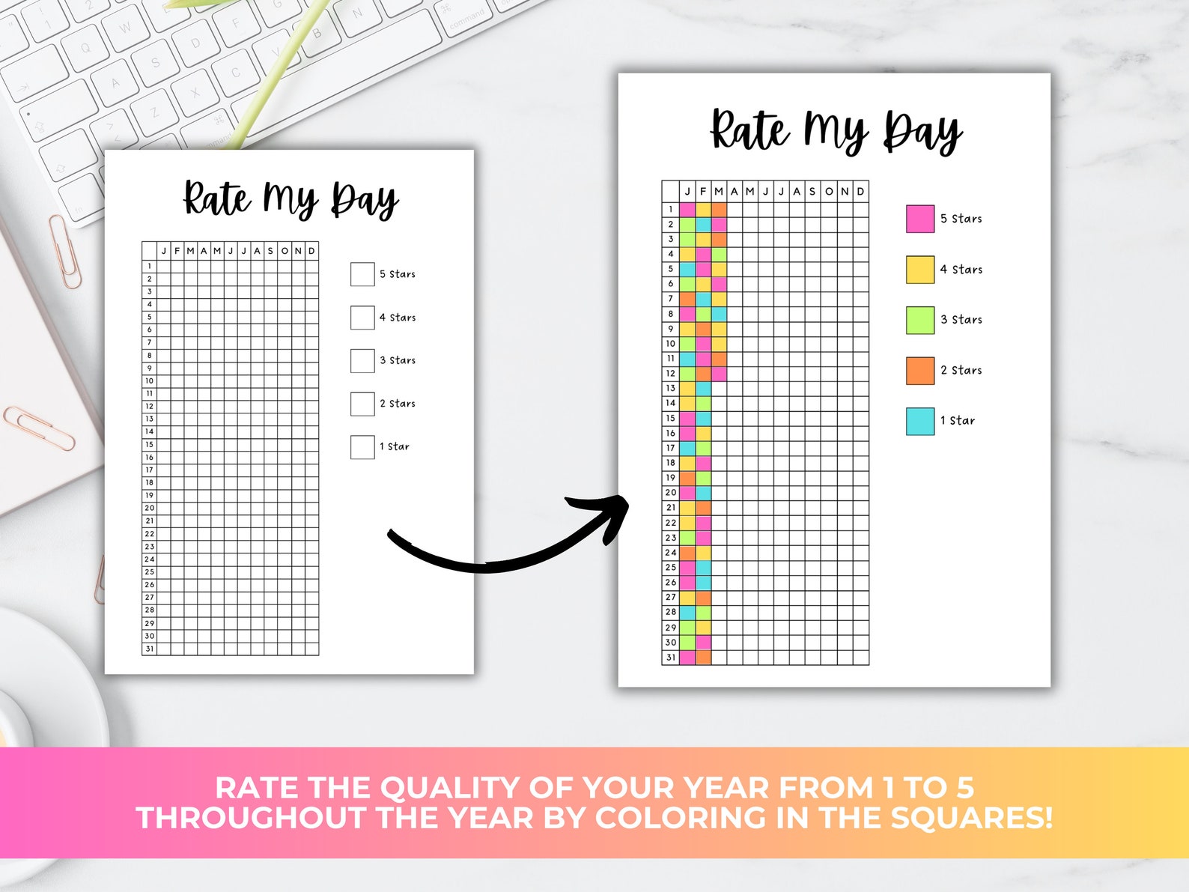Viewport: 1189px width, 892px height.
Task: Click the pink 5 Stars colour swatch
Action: (919, 219)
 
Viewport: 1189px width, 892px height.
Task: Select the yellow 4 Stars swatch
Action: (919, 270)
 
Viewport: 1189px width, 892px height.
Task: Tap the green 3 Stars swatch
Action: (919, 320)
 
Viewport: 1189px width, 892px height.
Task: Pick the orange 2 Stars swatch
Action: (919, 370)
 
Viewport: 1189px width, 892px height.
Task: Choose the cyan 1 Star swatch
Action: (919, 421)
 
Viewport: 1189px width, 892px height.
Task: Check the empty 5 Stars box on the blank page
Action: (362, 274)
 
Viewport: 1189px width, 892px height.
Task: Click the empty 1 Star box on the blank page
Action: (362, 447)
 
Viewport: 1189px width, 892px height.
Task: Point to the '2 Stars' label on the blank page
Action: (397, 404)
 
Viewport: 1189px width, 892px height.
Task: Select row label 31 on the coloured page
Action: (671, 658)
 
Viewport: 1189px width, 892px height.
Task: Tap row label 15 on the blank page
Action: (149, 445)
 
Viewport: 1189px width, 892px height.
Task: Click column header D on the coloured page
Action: (861, 192)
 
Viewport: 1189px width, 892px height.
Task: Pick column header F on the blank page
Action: (177, 251)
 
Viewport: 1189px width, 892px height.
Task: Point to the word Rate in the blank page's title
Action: (217, 199)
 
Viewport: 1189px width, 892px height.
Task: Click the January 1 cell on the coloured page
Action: (687, 210)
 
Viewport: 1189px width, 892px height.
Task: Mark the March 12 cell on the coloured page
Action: (719, 373)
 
